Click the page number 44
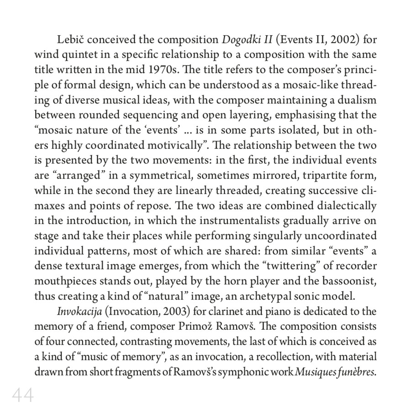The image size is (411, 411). click(x=23, y=395)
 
